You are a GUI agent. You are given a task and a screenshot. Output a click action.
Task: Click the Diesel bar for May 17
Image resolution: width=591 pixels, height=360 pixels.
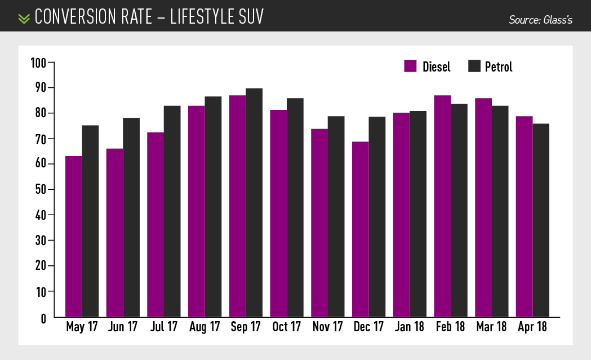(x=74, y=237)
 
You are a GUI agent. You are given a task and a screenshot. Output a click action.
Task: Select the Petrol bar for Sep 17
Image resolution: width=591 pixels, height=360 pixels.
(x=254, y=203)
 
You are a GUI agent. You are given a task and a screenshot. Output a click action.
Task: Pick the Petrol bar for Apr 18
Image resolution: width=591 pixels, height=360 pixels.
(x=541, y=220)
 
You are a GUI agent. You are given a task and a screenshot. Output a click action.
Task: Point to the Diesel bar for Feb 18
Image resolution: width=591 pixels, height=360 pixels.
(x=442, y=206)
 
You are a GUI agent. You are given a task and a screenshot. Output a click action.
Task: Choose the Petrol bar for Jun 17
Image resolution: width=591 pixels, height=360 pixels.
(x=131, y=217)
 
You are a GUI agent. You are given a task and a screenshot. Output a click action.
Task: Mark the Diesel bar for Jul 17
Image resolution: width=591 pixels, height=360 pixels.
(x=156, y=225)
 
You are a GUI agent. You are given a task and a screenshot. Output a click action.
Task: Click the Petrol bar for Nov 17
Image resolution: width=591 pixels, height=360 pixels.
(x=336, y=217)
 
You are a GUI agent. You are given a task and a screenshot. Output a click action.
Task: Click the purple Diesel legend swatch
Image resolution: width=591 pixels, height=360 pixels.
(x=410, y=66)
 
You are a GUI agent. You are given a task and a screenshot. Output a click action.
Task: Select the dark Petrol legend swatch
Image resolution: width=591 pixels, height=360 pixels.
(x=474, y=66)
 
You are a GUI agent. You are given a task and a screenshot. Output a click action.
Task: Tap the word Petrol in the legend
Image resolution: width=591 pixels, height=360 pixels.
(x=499, y=67)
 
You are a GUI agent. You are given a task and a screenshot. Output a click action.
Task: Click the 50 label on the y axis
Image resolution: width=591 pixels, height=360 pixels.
(x=40, y=189)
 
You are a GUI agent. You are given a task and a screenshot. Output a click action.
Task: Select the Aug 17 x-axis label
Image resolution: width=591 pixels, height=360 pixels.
(x=205, y=327)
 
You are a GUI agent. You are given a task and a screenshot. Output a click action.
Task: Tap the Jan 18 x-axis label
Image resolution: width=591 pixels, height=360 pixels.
(x=410, y=327)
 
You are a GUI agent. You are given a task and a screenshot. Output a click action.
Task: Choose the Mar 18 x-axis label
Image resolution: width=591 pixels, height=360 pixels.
(x=491, y=327)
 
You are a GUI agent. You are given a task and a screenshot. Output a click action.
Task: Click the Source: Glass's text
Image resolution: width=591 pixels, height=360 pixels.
(x=540, y=20)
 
